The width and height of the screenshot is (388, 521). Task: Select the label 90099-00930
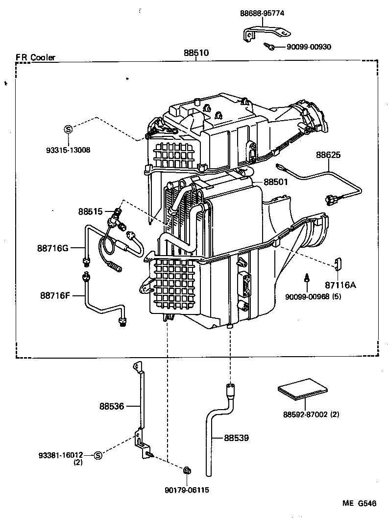(309, 47)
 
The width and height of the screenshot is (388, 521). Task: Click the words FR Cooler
(36, 57)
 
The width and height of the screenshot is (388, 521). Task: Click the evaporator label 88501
(275, 182)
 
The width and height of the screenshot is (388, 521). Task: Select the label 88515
(90, 211)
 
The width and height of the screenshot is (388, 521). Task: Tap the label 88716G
(52, 248)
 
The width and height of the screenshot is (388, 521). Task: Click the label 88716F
(55, 295)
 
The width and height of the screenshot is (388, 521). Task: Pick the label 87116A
(338, 285)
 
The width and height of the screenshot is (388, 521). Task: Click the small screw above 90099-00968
(306, 278)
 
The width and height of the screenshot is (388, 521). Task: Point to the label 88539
(237, 438)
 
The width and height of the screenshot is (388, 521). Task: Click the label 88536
(111, 406)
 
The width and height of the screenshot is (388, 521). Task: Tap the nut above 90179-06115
(187, 471)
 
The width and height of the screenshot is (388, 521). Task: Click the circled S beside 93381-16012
(97, 455)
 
